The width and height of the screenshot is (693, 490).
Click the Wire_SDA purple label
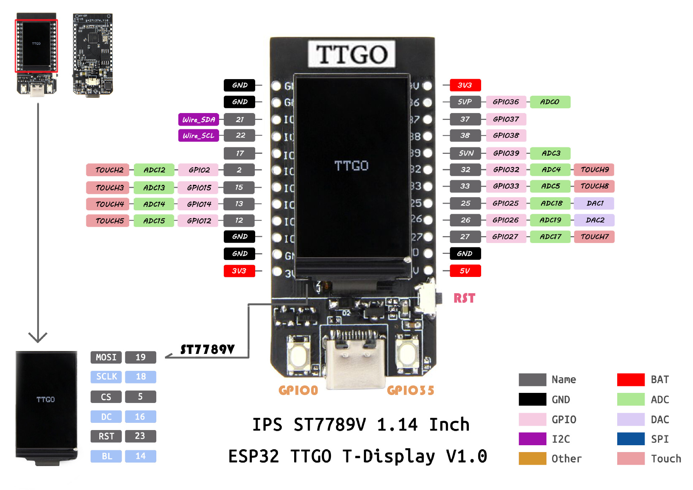(199, 120)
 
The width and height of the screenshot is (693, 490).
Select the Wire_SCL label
(199, 136)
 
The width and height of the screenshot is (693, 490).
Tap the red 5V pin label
(465, 271)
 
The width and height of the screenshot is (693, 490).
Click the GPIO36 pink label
(506, 102)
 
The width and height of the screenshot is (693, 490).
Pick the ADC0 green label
(550, 102)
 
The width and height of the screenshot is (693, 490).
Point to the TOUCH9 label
(594, 170)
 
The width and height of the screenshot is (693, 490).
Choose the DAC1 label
(594, 203)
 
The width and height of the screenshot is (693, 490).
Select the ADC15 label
(154, 221)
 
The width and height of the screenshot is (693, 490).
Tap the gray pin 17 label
(240, 153)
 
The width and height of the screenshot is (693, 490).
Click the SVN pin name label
(465, 153)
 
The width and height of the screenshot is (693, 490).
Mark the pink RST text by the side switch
(464, 298)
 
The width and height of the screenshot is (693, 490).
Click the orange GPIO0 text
(298, 390)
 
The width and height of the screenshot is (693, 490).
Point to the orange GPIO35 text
(410, 390)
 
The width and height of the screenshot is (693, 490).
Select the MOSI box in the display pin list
(106, 357)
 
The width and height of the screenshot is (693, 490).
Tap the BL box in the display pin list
(106, 456)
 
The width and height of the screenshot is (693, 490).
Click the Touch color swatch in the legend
(631, 459)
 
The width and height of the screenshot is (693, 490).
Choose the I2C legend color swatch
(532, 439)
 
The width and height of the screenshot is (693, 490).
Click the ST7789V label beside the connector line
(207, 350)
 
